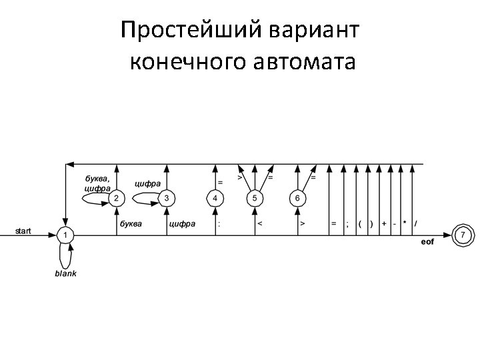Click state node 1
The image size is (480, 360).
65,235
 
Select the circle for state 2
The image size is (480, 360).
117,198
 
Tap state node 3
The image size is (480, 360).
166,198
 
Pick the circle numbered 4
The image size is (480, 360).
215,198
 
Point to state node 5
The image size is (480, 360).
254,198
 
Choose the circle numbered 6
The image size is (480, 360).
297,198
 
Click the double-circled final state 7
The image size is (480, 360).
463,235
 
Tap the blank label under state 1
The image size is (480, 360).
65,274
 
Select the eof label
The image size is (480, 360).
427,241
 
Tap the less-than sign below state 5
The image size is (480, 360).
259,224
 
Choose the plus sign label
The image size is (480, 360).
384,224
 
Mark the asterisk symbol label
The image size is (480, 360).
405,224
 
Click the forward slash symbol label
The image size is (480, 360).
417,224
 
